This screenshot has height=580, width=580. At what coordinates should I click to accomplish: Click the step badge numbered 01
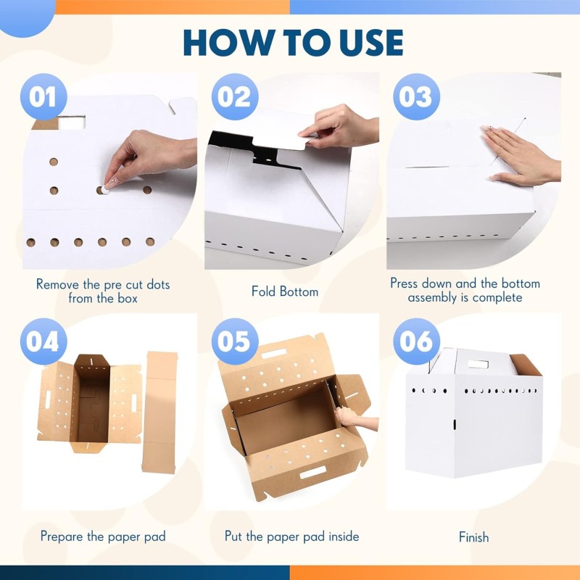coord(43,97)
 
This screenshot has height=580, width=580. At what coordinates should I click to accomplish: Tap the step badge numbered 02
coord(235,97)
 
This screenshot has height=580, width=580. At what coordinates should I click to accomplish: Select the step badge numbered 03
coord(416,97)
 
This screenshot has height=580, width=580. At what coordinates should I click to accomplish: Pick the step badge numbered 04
coord(43,341)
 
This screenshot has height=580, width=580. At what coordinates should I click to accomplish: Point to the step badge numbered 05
coord(235,341)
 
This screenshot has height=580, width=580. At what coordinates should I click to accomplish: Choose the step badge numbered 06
coord(416,341)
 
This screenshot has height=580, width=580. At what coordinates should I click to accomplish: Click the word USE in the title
coord(362,43)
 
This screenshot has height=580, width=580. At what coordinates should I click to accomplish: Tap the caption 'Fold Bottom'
coord(285,291)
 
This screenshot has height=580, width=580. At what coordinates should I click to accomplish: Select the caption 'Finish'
coord(473,537)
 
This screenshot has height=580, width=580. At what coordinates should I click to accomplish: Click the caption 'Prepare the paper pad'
coord(103,536)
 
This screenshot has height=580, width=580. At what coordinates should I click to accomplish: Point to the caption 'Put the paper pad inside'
coord(292,536)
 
